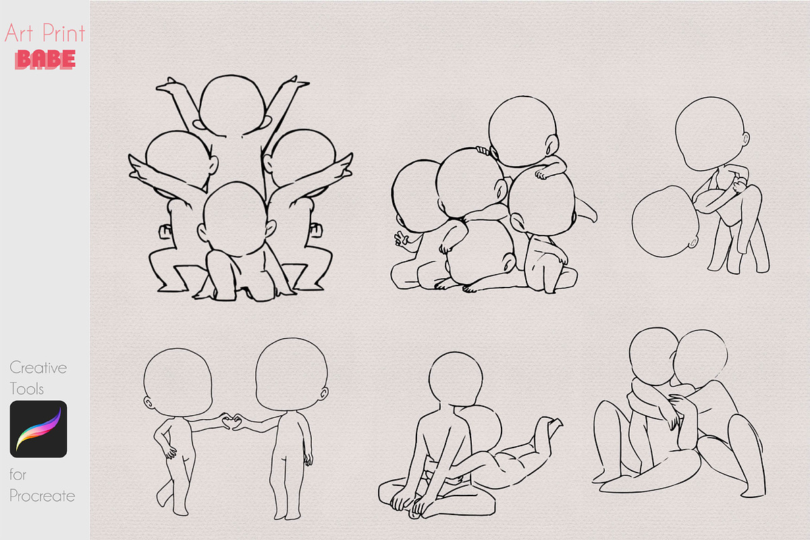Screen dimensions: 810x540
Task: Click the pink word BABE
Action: pyautogui.click(x=45, y=59)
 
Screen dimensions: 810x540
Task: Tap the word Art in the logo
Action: pyautogui.click(x=19, y=33)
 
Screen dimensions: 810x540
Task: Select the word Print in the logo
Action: pyautogui.click(x=63, y=33)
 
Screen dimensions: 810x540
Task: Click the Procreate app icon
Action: pyautogui.click(x=38, y=429)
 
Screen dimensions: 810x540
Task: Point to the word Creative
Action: pyautogui.click(x=38, y=368)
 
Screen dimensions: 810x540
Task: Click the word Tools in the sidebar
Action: pyautogui.click(x=26, y=389)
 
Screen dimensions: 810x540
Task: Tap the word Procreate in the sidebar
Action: pyautogui.click(x=43, y=496)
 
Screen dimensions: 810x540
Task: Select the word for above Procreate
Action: pyautogui.click(x=18, y=474)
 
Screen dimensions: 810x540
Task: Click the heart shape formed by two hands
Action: pyautogui.click(x=232, y=422)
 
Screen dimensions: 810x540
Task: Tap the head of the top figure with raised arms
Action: pyautogui.click(x=232, y=105)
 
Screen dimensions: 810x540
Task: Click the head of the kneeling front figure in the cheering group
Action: pyautogui.click(x=236, y=219)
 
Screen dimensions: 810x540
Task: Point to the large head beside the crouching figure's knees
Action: pyautogui.click(x=665, y=221)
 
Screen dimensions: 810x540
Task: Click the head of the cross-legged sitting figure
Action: pyautogui.click(x=456, y=379)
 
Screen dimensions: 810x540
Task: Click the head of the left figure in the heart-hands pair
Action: pyautogui.click(x=178, y=383)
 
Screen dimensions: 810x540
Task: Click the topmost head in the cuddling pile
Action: pyautogui.click(x=522, y=131)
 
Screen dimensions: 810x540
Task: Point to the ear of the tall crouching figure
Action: pyautogui.click(x=746, y=138)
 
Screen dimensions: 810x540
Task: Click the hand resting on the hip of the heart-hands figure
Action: pyautogui.click(x=169, y=452)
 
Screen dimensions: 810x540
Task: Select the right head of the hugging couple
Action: pyautogui.click(x=701, y=358)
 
